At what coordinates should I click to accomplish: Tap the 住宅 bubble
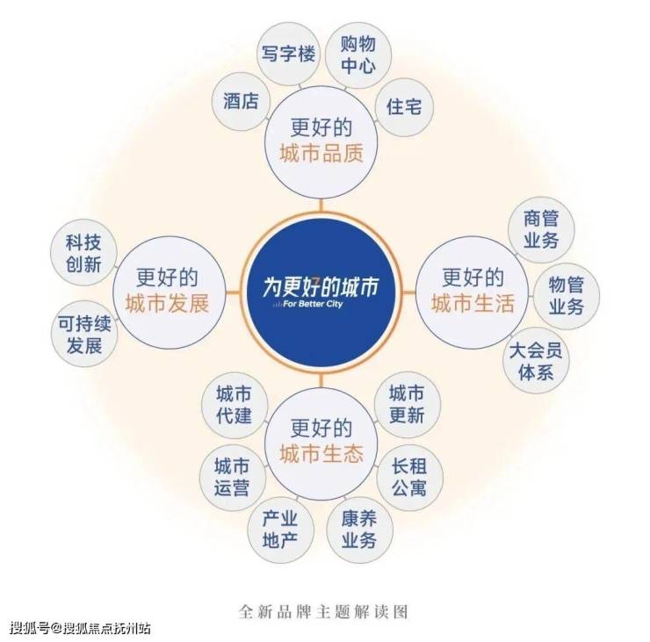(x=404, y=107)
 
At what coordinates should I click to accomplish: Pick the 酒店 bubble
(x=241, y=100)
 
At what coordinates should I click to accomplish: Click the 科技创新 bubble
(x=83, y=254)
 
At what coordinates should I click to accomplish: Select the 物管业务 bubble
(x=567, y=295)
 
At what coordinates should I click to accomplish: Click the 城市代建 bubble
(x=233, y=405)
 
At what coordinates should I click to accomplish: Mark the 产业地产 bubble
(x=279, y=530)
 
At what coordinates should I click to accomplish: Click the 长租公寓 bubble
(x=407, y=475)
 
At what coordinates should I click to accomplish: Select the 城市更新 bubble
(x=406, y=404)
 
